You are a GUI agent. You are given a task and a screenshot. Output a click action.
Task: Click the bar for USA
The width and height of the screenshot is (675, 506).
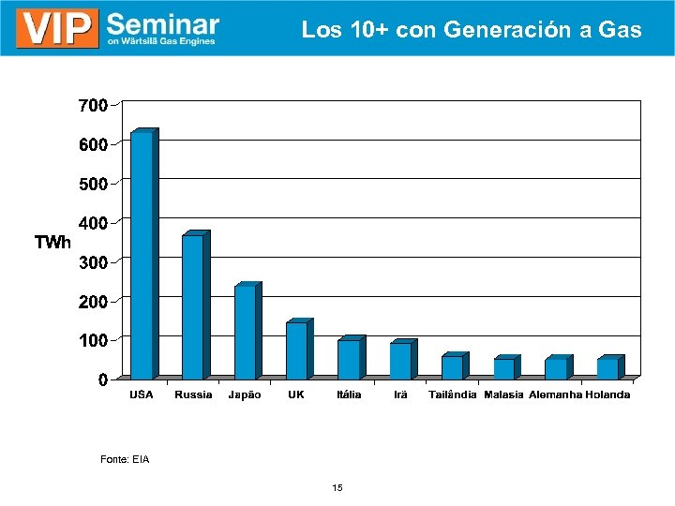coord(142,255)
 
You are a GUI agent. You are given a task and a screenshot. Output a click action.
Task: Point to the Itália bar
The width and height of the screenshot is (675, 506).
coord(349,359)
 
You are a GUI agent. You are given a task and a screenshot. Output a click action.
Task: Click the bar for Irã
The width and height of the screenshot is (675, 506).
coord(401,361)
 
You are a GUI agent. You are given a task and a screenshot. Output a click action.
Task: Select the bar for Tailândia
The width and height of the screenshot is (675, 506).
coord(453,366)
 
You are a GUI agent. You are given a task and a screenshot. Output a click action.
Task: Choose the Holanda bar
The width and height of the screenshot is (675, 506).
coord(608,368)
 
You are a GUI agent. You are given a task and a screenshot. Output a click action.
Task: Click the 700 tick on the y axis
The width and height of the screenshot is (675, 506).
coord(91,106)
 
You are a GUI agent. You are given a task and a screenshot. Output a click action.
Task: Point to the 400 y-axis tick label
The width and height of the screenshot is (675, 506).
coord(91,223)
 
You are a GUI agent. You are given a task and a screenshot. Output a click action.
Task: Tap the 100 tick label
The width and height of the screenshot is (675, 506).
coord(91,340)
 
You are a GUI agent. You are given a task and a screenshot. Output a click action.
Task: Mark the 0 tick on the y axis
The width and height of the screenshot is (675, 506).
coord(102,379)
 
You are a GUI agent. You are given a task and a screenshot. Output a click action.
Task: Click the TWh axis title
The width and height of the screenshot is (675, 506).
coord(52,244)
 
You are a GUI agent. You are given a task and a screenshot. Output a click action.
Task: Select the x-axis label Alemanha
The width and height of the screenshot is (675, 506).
coord(555,395)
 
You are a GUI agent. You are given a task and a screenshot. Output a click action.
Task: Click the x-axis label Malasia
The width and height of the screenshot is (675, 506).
coord(503,395)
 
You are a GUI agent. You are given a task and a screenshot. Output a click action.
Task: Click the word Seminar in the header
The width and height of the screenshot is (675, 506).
coord(163,22)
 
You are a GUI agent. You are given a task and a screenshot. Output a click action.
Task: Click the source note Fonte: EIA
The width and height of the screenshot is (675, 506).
coord(125,459)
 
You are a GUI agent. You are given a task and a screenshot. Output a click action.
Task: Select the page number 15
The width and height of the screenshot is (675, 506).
coord(337,488)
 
